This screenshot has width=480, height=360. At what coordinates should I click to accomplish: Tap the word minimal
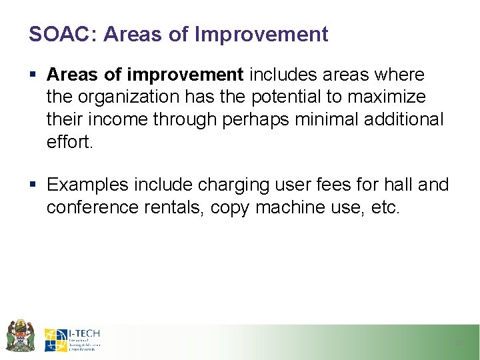tap(321, 119)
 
